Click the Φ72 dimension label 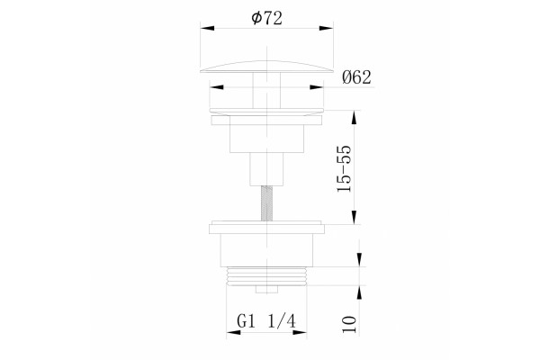[x=267, y=18]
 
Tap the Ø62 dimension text [x=356, y=77]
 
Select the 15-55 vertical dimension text [x=345, y=168]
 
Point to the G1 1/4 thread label [x=266, y=321]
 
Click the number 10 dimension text [x=349, y=324]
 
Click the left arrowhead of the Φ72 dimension [x=207, y=28]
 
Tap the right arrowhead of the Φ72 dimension [x=326, y=28]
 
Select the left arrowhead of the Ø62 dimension [x=216, y=86]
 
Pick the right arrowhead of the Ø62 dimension [x=317, y=86]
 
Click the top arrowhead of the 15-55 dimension [x=355, y=118]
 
